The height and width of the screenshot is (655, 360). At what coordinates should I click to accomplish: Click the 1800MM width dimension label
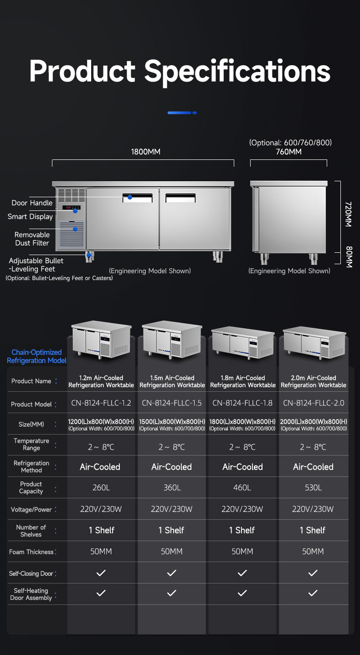click(x=146, y=152)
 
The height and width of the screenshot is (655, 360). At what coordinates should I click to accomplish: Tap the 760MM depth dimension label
click(x=288, y=152)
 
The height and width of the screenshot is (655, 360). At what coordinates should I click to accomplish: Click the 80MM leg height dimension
click(x=349, y=257)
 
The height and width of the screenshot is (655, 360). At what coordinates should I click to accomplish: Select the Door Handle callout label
click(x=32, y=203)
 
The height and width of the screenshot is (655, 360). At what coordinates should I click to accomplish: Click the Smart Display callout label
click(x=30, y=216)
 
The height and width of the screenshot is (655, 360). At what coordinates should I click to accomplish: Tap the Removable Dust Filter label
click(x=32, y=239)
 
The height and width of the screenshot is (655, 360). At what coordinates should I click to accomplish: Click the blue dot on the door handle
click(x=130, y=197)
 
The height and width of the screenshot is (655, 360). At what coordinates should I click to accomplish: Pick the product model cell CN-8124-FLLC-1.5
click(x=172, y=403)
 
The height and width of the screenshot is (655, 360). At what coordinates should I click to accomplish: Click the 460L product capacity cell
click(x=242, y=487)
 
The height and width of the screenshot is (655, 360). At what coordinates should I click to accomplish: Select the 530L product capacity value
click(x=313, y=487)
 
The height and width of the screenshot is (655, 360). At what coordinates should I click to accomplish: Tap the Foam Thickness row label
click(x=31, y=552)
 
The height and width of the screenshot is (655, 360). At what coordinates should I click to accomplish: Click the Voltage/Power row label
click(x=31, y=509)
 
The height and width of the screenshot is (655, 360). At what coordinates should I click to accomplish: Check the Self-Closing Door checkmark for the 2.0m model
click(x=313, y=573)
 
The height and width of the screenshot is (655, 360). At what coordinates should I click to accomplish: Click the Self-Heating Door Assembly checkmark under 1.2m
click(x=101, y=593)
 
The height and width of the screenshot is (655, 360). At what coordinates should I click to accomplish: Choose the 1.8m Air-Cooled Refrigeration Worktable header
click(x=242, y=381)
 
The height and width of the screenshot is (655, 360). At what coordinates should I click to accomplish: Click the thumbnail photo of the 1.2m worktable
click(x=101, y=339)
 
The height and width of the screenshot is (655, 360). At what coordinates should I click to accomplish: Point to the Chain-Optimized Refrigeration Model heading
click(x=36, y=356)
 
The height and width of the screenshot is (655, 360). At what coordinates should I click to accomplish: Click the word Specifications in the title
click(x=237, y=71)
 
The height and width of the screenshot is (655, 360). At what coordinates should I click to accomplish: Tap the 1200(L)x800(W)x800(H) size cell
click(x=101, y=422)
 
